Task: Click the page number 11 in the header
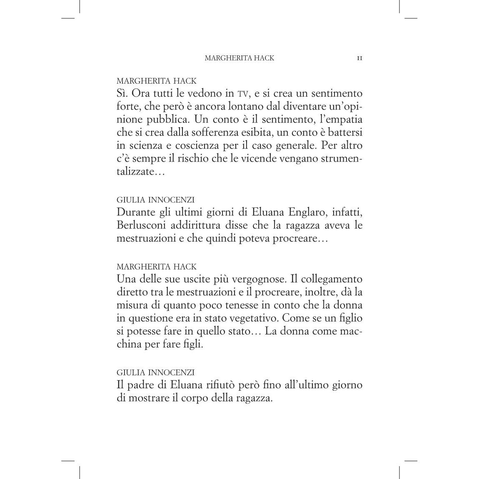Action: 359,58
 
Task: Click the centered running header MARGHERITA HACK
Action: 239,58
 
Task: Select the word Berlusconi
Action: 141,225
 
